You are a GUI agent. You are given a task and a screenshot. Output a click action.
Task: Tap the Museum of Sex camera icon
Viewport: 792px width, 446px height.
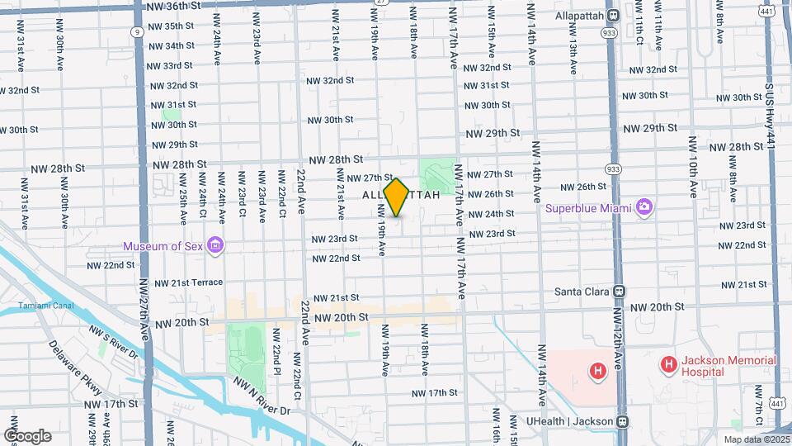(x=215, y=245)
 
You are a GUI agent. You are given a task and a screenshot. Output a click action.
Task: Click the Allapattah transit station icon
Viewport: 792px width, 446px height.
(x=613, y=16)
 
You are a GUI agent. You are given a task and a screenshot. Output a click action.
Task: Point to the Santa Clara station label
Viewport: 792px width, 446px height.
(x=581, y=292)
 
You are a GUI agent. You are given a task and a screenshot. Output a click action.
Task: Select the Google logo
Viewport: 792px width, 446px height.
(x=27, y=436)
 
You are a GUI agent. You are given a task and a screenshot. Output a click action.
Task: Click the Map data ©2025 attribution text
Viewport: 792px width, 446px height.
(x=757, y=439)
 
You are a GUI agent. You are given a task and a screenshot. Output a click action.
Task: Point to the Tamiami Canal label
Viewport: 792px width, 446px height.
(x=45, y=306)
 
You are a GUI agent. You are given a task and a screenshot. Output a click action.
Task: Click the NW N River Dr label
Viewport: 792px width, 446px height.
(x=262, y=397)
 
